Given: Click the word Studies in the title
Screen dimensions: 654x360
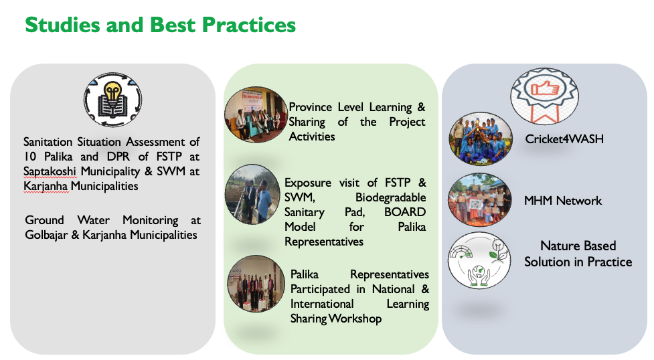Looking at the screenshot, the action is (x=62, y=25).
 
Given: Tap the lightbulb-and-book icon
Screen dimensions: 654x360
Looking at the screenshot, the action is (x=112, y=100).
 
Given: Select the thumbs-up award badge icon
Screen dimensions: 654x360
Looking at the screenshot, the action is (x=545, y=96).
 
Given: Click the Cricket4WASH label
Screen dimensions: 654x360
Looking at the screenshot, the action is (x=564, y=139).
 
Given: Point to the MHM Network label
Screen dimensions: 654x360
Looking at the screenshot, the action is (x=563, y=201).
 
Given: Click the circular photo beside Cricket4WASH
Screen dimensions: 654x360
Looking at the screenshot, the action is (x=481, y=139).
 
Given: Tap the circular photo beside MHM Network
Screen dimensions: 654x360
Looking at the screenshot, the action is (x=480, y=200).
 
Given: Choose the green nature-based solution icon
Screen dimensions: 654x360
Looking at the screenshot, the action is (x=480, y=261).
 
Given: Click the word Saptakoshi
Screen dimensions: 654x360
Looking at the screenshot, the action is (x=50, y=171).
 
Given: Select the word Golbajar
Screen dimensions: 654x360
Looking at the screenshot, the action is (x=46, y=235).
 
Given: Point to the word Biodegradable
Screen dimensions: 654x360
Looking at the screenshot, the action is (x=390, y=197).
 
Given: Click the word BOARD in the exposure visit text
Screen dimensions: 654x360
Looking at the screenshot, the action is (x=404, y=212).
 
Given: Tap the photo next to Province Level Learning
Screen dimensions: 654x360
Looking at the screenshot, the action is (x=256, y=114).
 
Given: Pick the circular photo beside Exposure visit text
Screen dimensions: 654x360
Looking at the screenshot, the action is (x=253, y=195).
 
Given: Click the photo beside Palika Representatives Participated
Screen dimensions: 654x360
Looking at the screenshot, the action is (x=256, y=284).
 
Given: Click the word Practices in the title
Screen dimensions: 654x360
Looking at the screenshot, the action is (x=248, y=25).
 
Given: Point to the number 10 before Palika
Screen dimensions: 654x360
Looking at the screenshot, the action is (x=30, y=157).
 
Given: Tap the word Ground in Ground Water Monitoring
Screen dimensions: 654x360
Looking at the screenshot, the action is (x=45, y=220).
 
